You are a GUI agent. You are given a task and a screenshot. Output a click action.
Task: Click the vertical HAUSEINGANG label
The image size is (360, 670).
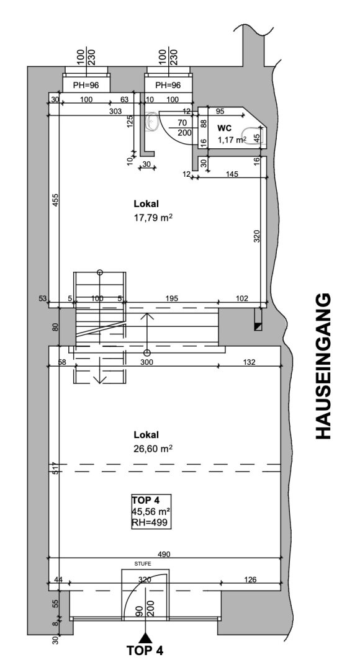tap(323, 365)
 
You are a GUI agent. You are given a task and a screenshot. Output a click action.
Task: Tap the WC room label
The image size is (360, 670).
tap(225, 128)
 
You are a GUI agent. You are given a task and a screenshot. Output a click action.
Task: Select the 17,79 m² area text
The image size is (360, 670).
tap(153, 218)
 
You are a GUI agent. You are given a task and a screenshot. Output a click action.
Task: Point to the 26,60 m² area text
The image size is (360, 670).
tap(153, 449)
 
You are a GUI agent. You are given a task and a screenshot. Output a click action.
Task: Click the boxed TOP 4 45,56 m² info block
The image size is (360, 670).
tap(151, 511)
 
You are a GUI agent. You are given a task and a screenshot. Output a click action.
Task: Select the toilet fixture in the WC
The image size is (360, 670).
tap(255, 137)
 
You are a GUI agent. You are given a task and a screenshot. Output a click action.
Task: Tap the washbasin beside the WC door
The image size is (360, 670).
tap(152, 122)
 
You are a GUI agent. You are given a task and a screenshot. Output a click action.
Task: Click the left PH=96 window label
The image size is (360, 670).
tap(86, 85)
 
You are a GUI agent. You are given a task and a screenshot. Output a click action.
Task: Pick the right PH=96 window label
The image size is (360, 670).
tap(168, 85)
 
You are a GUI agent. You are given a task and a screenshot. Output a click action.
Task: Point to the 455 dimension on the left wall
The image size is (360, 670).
tap(55, 201)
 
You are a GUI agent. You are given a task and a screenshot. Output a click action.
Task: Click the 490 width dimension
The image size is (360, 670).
tap(164, 554)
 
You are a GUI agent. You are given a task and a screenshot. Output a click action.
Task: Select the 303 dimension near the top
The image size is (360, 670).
tap(115, 111)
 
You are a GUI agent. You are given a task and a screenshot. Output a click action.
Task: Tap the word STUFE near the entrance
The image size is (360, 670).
tap(143, 564)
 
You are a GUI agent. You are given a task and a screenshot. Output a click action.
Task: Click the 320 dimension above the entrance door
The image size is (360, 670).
tap(145, 580)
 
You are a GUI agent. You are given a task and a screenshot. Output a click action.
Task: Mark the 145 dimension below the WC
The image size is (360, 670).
tap(233, 174)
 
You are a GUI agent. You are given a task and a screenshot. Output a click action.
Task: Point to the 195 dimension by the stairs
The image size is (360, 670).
tap(172, 298)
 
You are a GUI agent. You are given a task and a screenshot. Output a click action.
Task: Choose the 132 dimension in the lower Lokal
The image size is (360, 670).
tap(250, 362)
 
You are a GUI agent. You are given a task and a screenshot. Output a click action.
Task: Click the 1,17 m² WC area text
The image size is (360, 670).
tap(232, 140)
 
